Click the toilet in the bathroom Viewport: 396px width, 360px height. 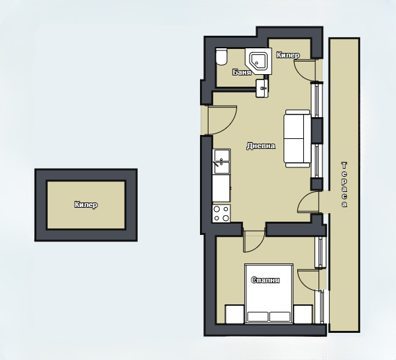pyautogui.click(x=221, y=57)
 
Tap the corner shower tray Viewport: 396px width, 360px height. pyautogui.click(x=258, y=61)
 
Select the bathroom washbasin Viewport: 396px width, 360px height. pyautogui.click(x=262, y=88)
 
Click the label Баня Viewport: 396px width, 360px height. pyautogui.click(x=242, y=72)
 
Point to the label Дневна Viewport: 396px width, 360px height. pyautogui.click(x=261, y=146)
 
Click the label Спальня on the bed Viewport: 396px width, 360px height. pyautogui.click(x=265, y=280)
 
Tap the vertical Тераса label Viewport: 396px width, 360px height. pyautogui.click(x=344, y=185)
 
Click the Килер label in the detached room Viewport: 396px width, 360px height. pyautogui.click(x=86, y=204)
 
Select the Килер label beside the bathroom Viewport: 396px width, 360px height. pyautogui.click(x=288, y=55)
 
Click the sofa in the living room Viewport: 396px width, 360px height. pyautogui.click(x=297, y=138)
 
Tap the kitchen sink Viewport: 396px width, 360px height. pyautogui.click(x=221, y=161)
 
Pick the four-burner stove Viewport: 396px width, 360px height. pyautogui.click(x=221, y=214)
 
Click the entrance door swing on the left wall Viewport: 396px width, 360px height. pyautogui.click(x=223, y=119)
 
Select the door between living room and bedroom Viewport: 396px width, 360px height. pyautogui.click(x=254, y=241)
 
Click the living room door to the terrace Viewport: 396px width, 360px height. pyautogui.click(x=308, y=202)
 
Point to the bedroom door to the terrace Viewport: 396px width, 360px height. pyautogui.click(x=308, y=279)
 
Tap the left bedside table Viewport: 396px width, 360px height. pyautogui.click(x=234, y=314)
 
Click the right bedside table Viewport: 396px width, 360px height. pyautogui.click(x=303, y=314)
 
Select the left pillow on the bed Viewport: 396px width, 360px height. pyautogui.click(x=258, y=316)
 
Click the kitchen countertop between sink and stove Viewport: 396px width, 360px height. pyautogui.click(x=221, y=189)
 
